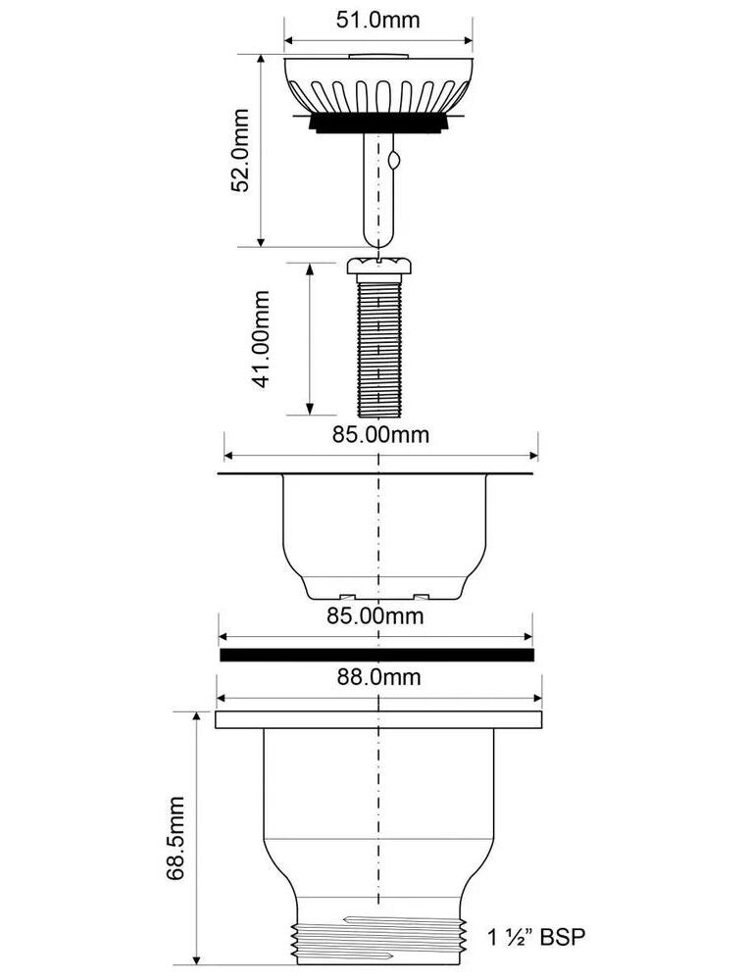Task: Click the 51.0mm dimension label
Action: pos(378,20)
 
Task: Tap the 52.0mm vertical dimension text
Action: pos(239,150)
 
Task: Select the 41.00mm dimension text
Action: pos(261,339)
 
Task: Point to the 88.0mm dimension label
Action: pos(378,676)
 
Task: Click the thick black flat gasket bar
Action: pos(376,655)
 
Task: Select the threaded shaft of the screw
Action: pos(378,344)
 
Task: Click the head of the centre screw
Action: pos(378,265)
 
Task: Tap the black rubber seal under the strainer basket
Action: pos(378,122)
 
